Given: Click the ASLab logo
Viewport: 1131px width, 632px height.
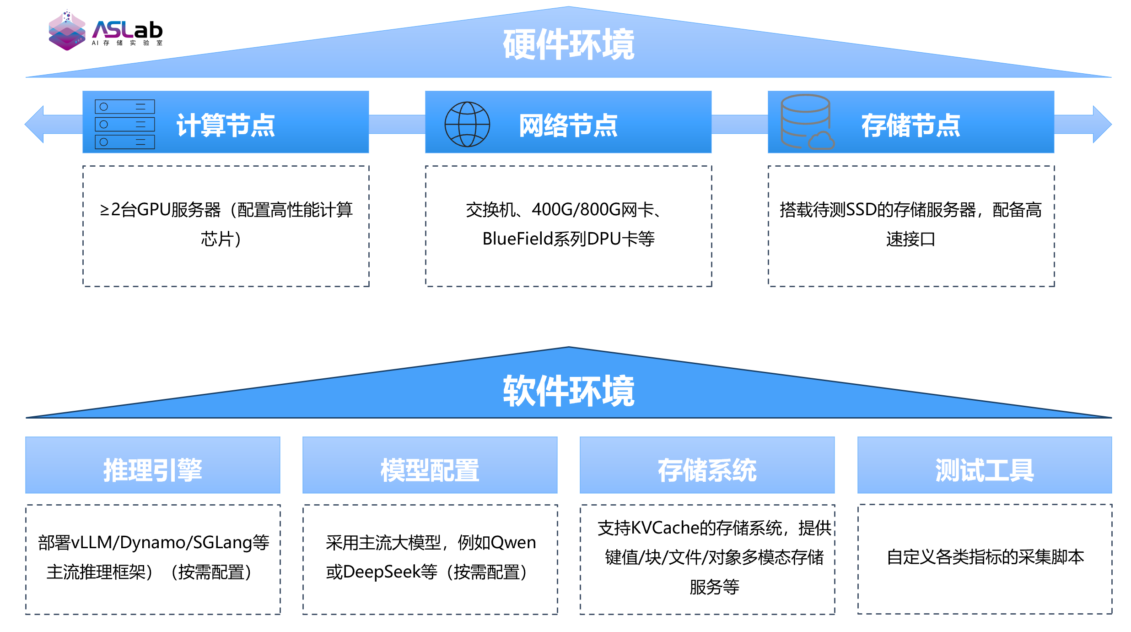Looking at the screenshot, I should (x=105, y=30).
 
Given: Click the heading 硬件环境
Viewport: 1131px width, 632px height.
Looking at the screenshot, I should (x=568, y=44).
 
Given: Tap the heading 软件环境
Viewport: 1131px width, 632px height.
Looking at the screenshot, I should (x=568, y=391).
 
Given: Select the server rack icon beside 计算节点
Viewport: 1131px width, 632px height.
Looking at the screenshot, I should (x=124, y=124).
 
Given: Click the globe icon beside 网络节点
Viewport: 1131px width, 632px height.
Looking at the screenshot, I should (x=467, y=124).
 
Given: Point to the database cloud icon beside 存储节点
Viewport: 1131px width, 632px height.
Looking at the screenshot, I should (x=807, y=122).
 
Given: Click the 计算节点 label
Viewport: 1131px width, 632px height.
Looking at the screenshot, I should (x=226, y=125).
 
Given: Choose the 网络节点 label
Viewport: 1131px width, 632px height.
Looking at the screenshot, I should (x=568, y=125).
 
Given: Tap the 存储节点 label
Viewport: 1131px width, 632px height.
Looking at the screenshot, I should (x=910, y=125).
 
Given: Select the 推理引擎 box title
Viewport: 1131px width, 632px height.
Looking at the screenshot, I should (x=152, y=470).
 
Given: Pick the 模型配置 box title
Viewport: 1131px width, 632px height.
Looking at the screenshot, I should (x=430, y=470).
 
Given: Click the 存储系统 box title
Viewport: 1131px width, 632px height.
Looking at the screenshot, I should (x=707, y=470).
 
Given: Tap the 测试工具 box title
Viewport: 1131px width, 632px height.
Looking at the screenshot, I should (x=984, y=470).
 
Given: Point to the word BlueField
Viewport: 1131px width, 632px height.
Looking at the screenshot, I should (x=517, y=239).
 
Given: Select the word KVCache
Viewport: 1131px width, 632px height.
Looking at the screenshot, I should (x=666, y=528).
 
